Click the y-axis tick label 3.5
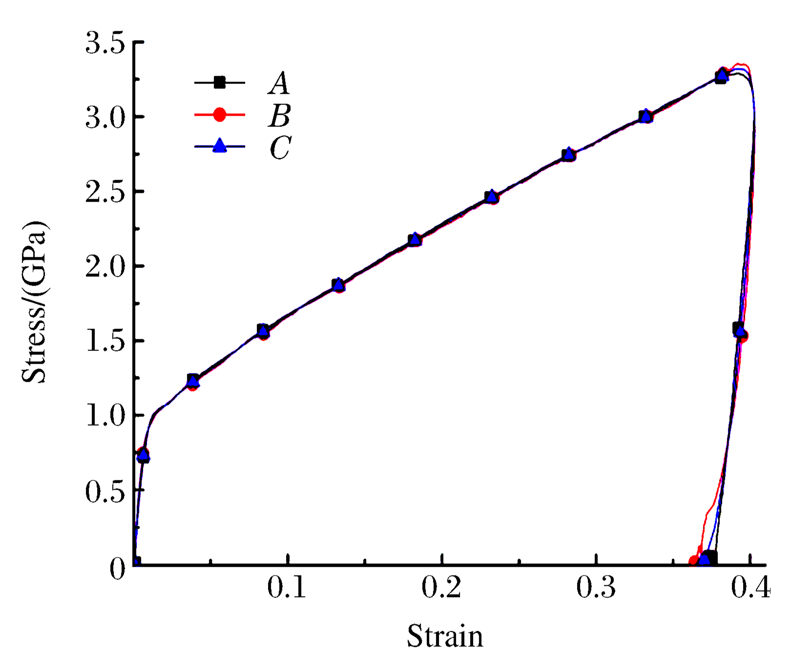point(105,43)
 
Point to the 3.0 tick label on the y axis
point(105,118)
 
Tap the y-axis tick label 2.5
point(105,192)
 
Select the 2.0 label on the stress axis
point(105,267)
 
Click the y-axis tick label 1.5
point(105,342)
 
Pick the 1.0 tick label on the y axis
point(105,416)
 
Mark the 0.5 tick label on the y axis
point(105,491)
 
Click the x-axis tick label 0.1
point(287,587)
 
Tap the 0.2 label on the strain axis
point(441,587)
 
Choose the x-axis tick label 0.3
point(596,587)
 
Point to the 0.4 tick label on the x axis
point(750,587)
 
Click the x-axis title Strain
point(445,637)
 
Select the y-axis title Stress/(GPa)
point(35,302)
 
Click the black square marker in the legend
point(220,82)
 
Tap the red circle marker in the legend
point(220,115)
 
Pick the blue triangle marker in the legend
point(220,145)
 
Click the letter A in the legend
point(279,83)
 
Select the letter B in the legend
point(279,116)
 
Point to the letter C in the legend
point(280,147)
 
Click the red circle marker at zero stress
point(694,561)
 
